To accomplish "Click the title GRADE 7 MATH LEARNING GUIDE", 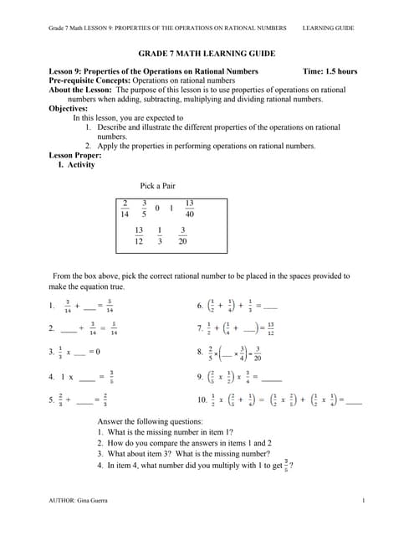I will click(x=206, y=52).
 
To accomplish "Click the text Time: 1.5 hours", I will click(x=331, y=71).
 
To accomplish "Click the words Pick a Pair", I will click(x=157, y=185).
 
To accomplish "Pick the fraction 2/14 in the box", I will click(x=125, y=209).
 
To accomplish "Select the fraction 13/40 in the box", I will click(x=189, y=209).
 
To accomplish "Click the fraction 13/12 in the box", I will click(x=138, y=235).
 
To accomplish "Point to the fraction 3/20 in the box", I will click(x=182, y=235).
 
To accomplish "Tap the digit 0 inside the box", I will click(x=156, y=209).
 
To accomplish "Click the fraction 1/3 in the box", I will click(x=159, y=235).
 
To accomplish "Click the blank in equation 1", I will click(x=89, y=307).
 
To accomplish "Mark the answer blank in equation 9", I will click(x=271, y=377).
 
